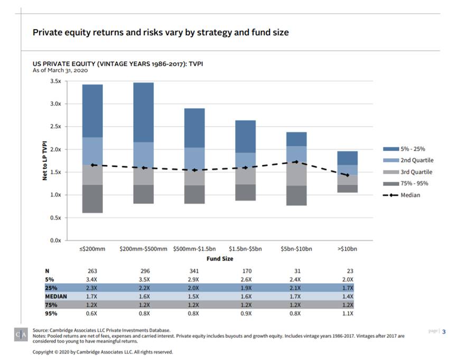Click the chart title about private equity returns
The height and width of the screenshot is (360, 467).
tap(161, 32)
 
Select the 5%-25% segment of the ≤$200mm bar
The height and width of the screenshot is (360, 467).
tap(92, 111)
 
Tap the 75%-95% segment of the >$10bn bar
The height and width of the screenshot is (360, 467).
tap(348, 188)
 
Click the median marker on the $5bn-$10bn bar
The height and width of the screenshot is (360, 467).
tap(297, 162)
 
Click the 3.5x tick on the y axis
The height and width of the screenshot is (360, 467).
tap(55, 81)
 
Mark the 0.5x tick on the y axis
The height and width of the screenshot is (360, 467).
tap(55, 217)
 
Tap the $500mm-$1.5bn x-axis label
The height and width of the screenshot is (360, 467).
tap(194, 249)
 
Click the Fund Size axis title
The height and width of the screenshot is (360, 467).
tap(220, 259)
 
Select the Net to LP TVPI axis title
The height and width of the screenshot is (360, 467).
tap(45, 160)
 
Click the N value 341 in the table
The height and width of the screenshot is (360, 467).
tap(195, 271)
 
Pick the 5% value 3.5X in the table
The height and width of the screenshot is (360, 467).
tap(144, 279)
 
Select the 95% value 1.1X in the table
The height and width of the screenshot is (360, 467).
tap(348, 313)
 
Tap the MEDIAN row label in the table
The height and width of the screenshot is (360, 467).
tap(56, 296)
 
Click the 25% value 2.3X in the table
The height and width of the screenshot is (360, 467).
tap(92, 288)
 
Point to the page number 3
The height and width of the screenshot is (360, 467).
tap(444, 331)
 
